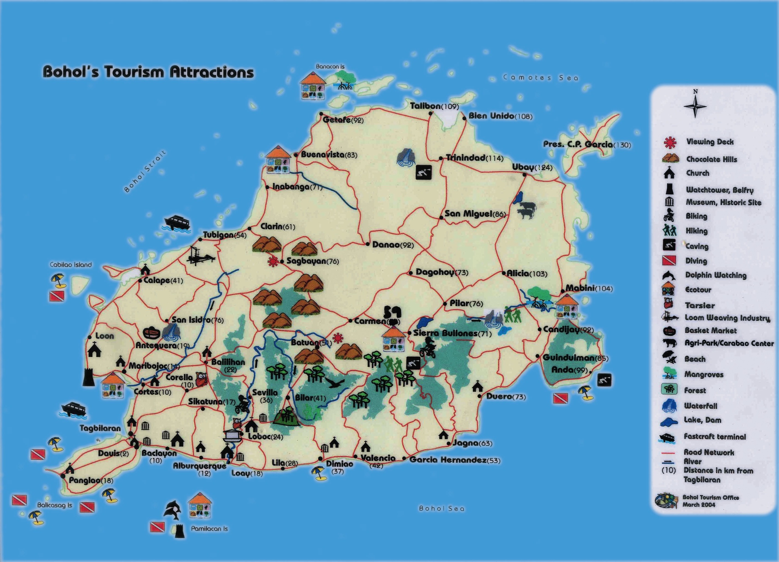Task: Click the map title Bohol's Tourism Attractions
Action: click(x=148, y=72)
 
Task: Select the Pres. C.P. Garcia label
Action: click(x=587, y=144)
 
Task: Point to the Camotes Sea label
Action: click(x=540, y=78)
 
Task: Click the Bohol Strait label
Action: click(x=145, y=171)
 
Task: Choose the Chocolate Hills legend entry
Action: click(x=711, y=159)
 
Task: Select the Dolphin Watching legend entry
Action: click(x=715, y=275)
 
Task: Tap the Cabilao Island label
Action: click(x=71, y=264)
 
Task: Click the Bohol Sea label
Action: click(x=441, y=508)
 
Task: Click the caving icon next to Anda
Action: click(x=604, y=380)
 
